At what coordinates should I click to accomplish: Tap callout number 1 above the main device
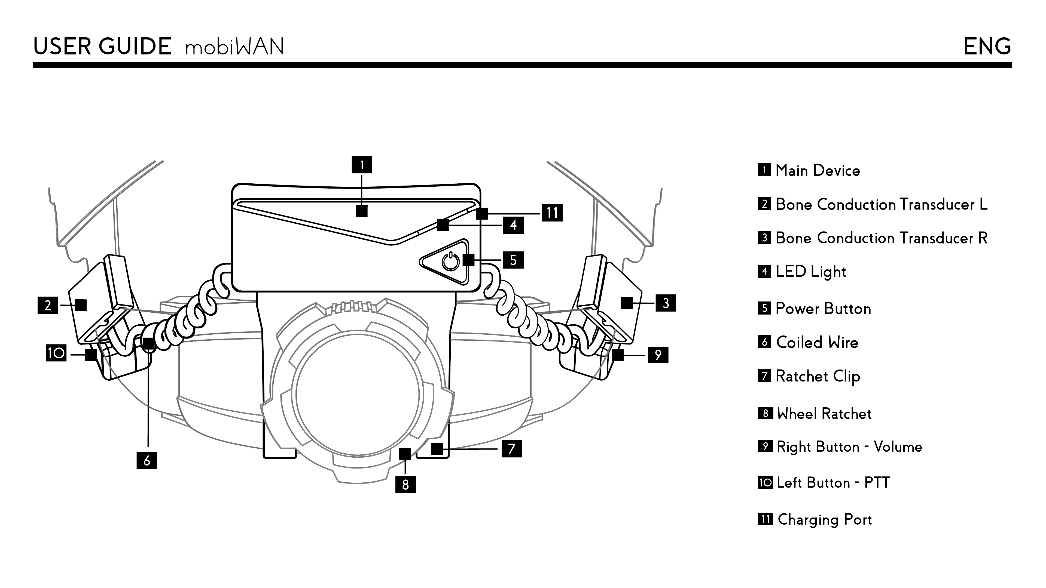tap(361, 165)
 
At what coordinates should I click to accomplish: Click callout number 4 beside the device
tap(513, 225)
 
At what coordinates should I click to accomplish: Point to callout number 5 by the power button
tap(513, 260)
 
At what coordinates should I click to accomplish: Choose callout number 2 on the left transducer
tap(48, 305)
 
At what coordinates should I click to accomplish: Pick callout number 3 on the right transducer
tap(666, 303)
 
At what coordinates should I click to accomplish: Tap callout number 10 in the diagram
tap(56, 353)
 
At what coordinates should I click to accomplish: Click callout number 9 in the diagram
tap(658, 355)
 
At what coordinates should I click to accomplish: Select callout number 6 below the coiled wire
tap(147, 461)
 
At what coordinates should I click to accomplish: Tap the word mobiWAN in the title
tap(234, 47)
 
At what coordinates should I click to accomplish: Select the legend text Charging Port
tap(825, 520)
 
